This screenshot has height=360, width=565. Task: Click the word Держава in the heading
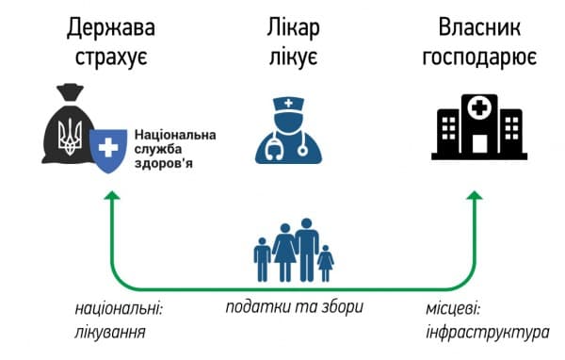[111, 28]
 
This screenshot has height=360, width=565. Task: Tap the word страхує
[111, 57]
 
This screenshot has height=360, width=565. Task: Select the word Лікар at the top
[293, 28]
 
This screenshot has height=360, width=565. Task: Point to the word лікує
[293, 57]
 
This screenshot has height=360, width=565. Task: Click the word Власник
[479, 27]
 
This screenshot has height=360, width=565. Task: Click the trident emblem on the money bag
[71, 137]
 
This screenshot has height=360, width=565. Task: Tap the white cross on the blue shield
[108, 148]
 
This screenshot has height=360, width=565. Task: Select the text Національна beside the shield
[175, 135]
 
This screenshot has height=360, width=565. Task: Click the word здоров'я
[164, 163]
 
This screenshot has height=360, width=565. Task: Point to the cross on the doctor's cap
[288, 104]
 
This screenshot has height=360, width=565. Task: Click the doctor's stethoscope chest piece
[302, 151]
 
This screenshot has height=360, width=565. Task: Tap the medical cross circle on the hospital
[479, 108]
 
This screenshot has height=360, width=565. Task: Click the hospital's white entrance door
[479, 143]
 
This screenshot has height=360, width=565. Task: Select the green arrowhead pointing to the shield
[112, 195]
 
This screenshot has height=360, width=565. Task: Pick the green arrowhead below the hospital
[475, 195]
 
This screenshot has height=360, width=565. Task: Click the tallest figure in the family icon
[307, 250]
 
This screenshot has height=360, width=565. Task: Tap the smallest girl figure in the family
[326, 263]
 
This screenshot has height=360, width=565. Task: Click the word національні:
[119, 310]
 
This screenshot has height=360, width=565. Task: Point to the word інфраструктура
[488, 333]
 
